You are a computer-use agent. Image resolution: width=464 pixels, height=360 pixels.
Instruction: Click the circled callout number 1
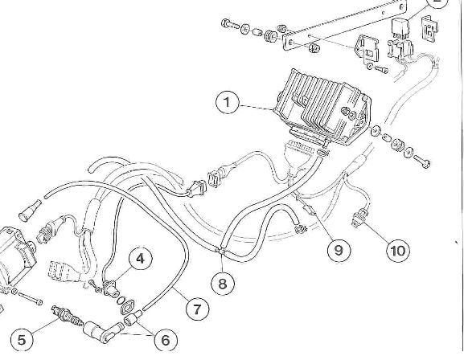coord(227,102)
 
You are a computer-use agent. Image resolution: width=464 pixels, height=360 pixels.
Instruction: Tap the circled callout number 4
coord(140,259)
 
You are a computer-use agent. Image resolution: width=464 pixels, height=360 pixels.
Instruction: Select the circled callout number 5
coord(22,340)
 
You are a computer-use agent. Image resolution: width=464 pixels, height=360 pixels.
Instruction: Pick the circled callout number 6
coord(166,340)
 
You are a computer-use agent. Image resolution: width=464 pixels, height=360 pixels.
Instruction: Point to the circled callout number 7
coord(197,309)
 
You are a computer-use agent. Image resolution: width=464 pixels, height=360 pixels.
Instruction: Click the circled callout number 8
coord(223,284)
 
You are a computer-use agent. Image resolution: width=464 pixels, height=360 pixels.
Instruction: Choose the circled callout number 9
coord(339,250)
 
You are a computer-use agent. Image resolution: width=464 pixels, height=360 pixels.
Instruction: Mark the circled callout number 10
coord(398,251)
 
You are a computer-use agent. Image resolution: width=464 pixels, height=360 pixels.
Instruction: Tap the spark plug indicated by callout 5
coord(67,317)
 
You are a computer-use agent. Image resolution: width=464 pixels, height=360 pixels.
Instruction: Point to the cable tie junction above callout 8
coord(222,251)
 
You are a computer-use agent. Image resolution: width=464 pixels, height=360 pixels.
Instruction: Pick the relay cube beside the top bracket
coord(400,28)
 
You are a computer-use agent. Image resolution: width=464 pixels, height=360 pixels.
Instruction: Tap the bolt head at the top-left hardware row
coord(225,22)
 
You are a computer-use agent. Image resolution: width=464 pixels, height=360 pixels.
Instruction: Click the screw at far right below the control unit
coord(422,162)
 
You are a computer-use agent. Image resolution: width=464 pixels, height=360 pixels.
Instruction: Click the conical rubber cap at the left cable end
coord(30,209)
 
